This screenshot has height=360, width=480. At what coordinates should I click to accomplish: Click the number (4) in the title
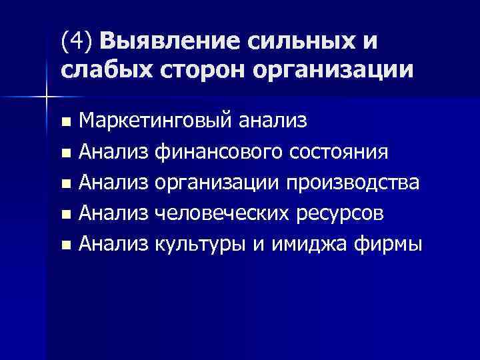coord(78,41)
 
